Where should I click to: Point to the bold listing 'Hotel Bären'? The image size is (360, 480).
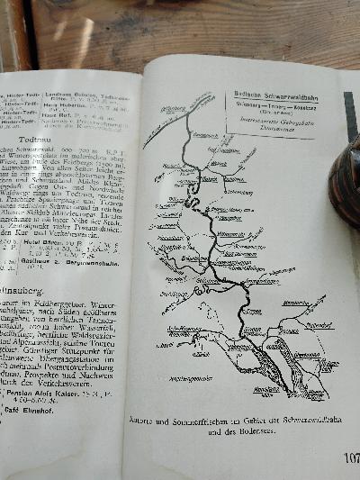[44, 242]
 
